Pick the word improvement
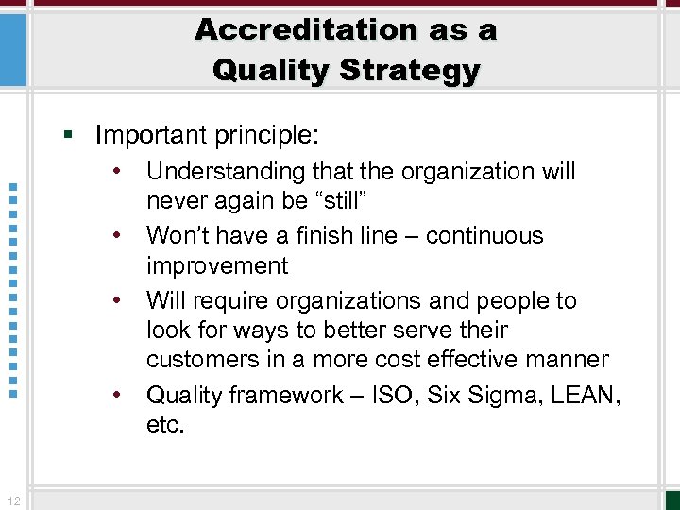[x=217, y=265]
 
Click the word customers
[x=202, y=359]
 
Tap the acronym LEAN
[x=587, y=395]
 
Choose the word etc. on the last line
[x=166, y=425]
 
